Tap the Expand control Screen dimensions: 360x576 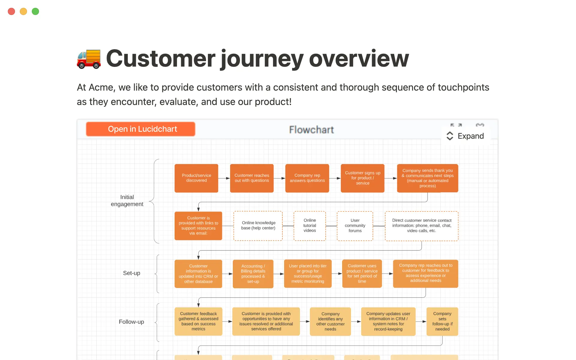465,136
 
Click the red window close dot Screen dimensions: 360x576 11,11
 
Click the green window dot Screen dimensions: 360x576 35,11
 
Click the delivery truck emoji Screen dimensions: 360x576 89,58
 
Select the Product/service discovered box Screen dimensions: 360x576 196,178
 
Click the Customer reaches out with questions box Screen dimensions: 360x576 252,178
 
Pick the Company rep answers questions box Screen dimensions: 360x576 307,178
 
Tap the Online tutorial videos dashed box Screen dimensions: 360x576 310,226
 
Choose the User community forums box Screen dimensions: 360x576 355,226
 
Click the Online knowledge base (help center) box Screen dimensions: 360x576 258,226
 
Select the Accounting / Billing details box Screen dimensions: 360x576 253,274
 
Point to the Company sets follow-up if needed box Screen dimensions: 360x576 442,321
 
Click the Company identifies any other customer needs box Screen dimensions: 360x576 330,321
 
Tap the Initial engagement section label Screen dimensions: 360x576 127,200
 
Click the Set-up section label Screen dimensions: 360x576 131,273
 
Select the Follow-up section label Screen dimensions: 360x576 131,322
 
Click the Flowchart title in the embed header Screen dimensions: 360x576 311,130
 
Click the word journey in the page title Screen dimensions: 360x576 262,59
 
